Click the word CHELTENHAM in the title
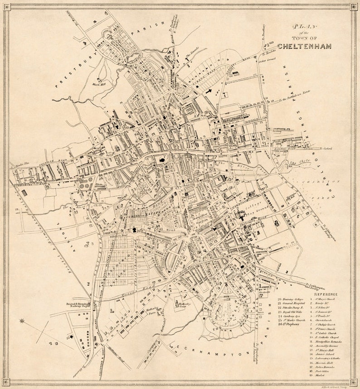[304, 46]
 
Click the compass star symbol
[22, 321]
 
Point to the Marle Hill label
[98, 84]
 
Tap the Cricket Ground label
[268, 60]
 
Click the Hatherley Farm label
[151, 311]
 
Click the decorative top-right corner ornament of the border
[353, 7]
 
